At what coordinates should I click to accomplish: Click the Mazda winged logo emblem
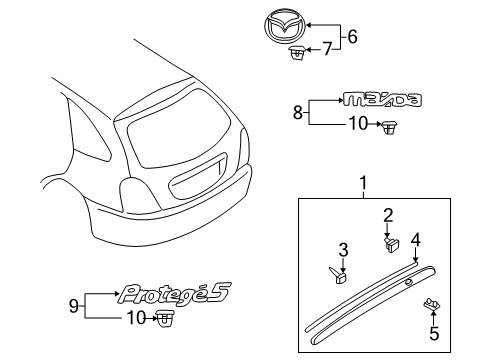pos(285,28)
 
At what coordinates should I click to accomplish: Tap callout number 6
pos(352,36)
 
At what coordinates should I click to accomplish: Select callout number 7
pos(328,49)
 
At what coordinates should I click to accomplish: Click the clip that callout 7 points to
pos(297,53)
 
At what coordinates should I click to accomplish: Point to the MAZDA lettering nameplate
pos(382,99)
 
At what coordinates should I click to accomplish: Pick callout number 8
pos(298,112)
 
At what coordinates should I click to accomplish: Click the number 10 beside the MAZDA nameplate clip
pos(358,124)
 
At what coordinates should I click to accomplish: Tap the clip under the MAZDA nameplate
pos(388,127)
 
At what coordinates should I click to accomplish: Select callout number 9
pos(74,306)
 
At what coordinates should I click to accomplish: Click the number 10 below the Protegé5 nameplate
pos(136,318)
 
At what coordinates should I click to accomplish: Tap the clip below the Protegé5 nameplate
pos(164,318)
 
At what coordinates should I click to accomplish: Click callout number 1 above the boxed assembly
pos(363,183)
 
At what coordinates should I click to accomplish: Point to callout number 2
pos(388,216)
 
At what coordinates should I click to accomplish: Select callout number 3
pos(343,250)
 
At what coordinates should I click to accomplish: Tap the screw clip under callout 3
pos(338,275)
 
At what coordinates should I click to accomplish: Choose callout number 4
pos(415,240)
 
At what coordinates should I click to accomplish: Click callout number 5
pos(434,333)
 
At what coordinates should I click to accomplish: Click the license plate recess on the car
pos(198,177)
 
